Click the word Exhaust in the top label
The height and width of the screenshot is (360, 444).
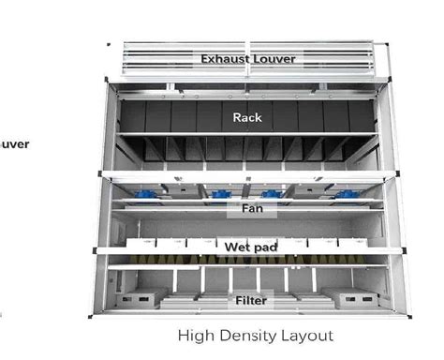tap(223, 59)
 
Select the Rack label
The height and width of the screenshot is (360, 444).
tap(246, 118)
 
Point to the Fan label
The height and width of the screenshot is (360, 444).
tap(251, 209)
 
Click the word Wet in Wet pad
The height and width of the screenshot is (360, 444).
tap(235, 247)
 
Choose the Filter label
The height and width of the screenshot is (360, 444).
tap(250, 301)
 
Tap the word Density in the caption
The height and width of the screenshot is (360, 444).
tap(246, 335)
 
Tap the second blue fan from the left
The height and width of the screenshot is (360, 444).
tap(222, 194)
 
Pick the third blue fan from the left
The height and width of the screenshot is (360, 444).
tap(272, 194)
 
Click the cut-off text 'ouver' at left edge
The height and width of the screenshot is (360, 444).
tap(13, 143)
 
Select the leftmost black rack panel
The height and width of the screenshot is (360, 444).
tap(133, 116)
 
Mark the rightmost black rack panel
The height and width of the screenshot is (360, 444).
tap(362, 116)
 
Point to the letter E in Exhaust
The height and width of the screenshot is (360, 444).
tap(204, 59)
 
